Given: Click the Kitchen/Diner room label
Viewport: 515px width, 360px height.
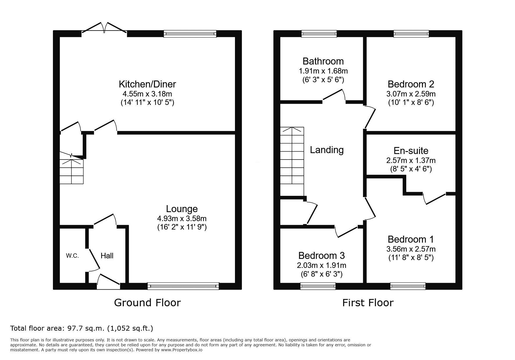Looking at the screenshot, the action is pos(147,84).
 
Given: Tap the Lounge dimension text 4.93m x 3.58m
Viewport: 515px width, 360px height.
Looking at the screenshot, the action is pos(182,218).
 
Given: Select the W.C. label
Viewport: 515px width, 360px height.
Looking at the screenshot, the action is pos(72,256).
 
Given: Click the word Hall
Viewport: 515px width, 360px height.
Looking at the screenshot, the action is pos(107,256).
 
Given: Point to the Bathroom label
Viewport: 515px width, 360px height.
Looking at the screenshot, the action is pos(323,61).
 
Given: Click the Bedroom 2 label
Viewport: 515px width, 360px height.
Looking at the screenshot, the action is pos(411,84).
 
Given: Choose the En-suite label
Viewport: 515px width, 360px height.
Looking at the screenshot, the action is pos(411,151).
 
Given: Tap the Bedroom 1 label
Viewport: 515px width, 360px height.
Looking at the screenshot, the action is pos(411,239).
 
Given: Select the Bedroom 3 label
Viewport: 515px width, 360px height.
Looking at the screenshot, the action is pos(322,256).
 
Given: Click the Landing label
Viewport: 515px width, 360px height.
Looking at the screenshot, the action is pos(327,150).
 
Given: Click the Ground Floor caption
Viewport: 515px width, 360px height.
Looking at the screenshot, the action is pos(147,303).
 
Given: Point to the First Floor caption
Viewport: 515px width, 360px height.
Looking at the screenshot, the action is pos(368,303).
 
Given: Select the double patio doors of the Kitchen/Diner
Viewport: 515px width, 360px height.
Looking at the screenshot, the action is pos(104,29).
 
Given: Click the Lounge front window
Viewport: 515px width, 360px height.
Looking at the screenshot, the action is pos(183,286).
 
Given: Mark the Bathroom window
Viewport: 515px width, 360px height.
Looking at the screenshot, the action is pos(319,34).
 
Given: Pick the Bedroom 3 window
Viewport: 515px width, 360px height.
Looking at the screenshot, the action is pos(318,286).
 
